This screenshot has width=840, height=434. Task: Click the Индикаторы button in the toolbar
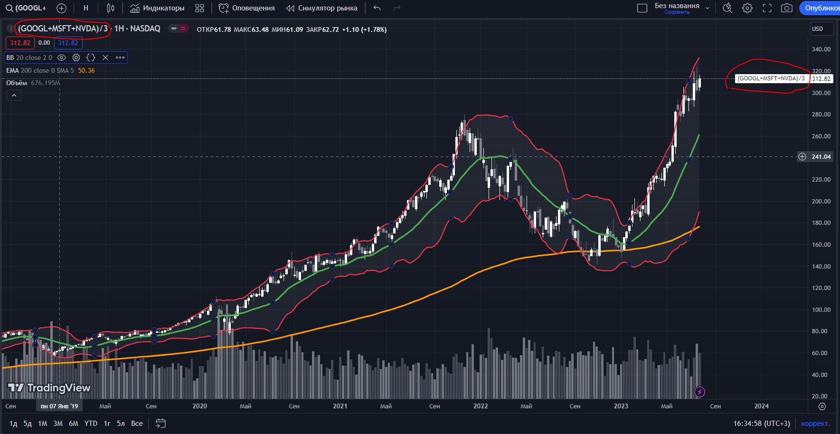click(157, 8)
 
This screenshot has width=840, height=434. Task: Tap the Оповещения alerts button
click(247, 8)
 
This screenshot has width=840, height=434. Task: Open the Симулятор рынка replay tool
click(321, 8)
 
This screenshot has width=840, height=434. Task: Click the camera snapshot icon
click(787, 8)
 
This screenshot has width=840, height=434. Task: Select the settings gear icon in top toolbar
click(747, 8)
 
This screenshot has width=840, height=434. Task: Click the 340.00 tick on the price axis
click(821, 49)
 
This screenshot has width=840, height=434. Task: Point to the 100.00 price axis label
click(821, 310)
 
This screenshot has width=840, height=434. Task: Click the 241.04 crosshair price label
click(821, 157)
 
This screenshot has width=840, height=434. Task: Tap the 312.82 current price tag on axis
click(821, 79)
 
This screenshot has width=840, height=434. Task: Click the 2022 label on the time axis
click(481, 406)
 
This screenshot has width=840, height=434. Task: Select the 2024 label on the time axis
click(761, 406)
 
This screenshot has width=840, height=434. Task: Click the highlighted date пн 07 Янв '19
click(59, 406)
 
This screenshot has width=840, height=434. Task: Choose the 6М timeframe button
click(73, 424)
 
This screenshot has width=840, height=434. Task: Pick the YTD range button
click(91, 424)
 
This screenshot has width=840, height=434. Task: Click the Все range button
click(137, 424)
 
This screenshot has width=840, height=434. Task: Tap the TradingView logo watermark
click(49, 388)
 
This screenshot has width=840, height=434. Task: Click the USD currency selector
click(821, 29)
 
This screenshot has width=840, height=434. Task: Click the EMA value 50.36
click(86, 71)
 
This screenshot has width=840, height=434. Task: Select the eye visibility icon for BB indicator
click(61, 58)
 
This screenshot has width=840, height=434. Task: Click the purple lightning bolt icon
click(699, 392)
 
